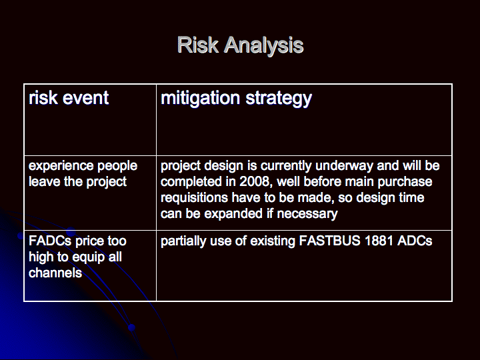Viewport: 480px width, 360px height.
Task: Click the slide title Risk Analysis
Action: point(240,45)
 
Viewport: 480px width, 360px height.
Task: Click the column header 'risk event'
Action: point(69,98)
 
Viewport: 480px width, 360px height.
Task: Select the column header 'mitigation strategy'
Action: point(236,99)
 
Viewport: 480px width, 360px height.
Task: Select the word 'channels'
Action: point(55,273)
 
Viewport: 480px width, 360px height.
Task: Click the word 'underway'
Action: point(344,166)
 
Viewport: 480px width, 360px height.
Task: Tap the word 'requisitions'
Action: point(194,198)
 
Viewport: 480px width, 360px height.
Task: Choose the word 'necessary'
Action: point(307,214)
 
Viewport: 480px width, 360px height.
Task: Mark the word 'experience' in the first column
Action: point(56,166)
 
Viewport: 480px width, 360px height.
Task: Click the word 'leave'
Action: point(44,181)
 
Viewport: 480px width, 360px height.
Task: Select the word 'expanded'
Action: point(233,214)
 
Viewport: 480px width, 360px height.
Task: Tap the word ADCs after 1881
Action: point(415,241)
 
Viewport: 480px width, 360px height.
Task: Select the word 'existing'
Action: point(272,241)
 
